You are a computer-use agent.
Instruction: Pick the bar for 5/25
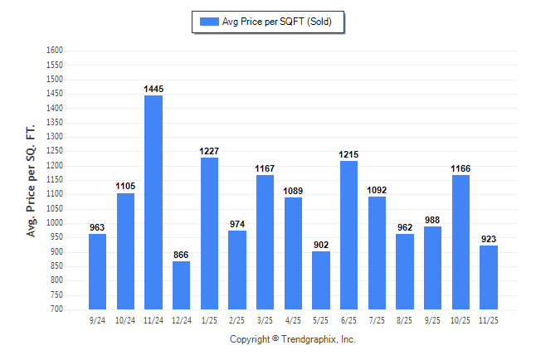(x=321, y=280)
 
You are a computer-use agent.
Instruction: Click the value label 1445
(x=153, y=89)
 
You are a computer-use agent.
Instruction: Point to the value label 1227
(x=209, y=151)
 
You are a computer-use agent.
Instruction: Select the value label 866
(x=181, y=255)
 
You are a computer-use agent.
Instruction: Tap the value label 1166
(x=460, y=168)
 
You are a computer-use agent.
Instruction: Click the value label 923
(x=489, y=239)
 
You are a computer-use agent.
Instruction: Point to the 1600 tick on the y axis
(x=54, y=51)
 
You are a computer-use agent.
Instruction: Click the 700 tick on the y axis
(x=56, y=309)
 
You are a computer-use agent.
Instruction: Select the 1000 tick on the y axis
(x=54, y=223)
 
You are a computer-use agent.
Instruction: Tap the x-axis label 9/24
(x=97, y=319)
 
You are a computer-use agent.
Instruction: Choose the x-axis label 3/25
(x=265, y=319)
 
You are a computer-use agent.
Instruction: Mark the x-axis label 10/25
(x=460, y=319)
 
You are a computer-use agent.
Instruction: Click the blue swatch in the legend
(x=208, y=22)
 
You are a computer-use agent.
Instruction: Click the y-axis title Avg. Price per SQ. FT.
(x=32, y=181)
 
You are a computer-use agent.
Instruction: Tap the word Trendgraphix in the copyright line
(x=311, y=339)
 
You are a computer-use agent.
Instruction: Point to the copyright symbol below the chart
(x=275, y=339)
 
